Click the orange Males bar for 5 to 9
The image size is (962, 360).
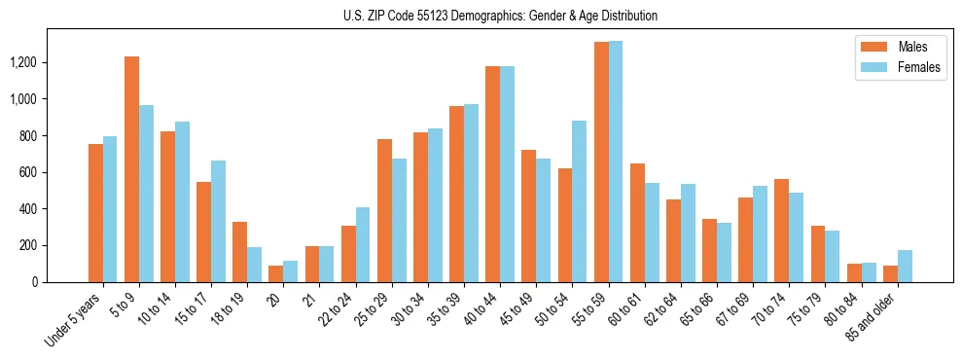coord(131,169)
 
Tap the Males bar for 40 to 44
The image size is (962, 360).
coord(492,174)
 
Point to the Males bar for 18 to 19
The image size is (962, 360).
coord(239,252)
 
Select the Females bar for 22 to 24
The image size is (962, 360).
coord(363,244)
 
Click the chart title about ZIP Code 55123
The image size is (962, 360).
coord(500,16)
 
